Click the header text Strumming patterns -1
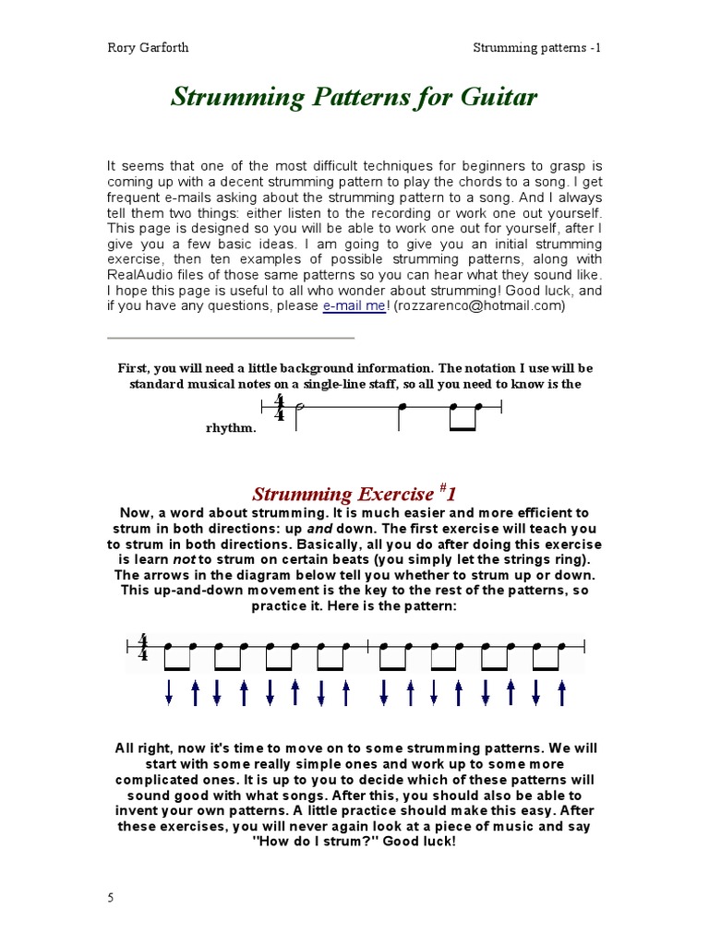coord(537,48)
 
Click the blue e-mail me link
coord(354,306)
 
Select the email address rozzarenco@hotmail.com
coord(479,306)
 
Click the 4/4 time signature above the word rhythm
coord(279,408)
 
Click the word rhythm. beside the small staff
coord(230,429)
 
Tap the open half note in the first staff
coord(298,407)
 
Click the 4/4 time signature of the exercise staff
coord(143,648)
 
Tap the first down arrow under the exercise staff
coord(169,692)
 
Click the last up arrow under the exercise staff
coord(562,692)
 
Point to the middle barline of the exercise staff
coord(368,648)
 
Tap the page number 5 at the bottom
coord(112,898)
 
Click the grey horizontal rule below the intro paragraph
coord(231,338)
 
